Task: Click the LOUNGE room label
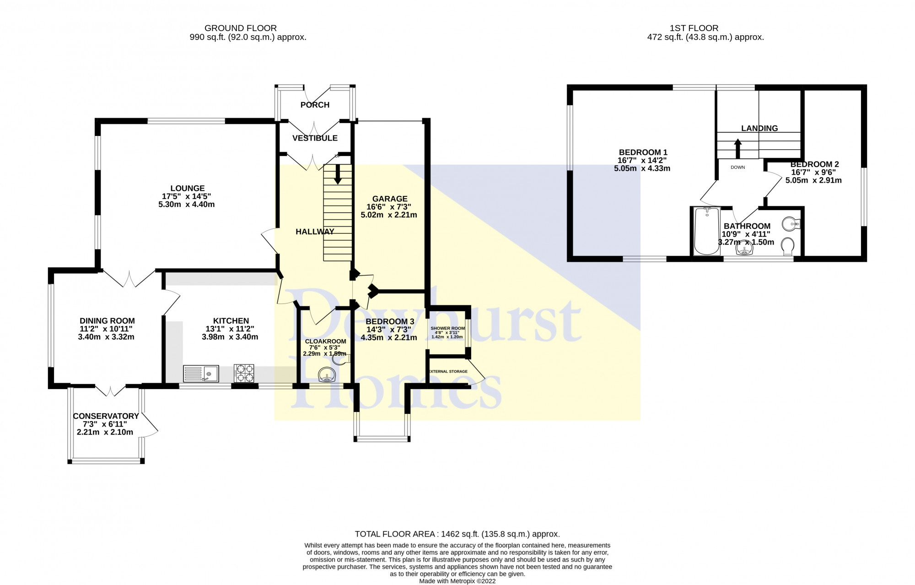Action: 187,188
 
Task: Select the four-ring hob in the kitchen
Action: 243,373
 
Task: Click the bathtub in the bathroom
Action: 707,231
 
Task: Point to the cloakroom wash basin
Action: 327,375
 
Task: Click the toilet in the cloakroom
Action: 341,360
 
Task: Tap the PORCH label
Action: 315,105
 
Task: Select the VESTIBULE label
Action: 315,138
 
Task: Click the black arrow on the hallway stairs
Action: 338,174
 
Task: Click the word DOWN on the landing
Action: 737,168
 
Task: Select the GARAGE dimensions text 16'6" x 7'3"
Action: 389,207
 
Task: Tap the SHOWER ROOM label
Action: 447,328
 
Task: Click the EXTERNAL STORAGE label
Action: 448,371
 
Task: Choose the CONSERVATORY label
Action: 106,416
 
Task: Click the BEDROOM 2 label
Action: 814,164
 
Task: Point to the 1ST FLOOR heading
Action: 705,28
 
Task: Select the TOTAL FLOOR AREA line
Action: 457,534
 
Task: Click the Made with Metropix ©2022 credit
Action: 457,581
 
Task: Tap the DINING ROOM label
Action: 107,321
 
